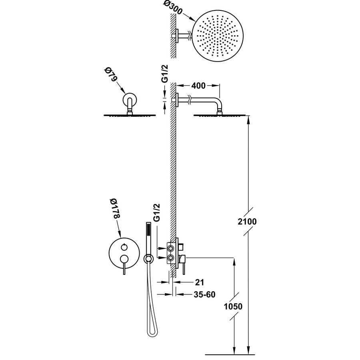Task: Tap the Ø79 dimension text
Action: [x=108, y=75]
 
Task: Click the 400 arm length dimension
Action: [x=198, y=86]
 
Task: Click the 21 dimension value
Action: [x=200, y=282]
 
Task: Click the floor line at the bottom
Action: [x=230, y=354]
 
